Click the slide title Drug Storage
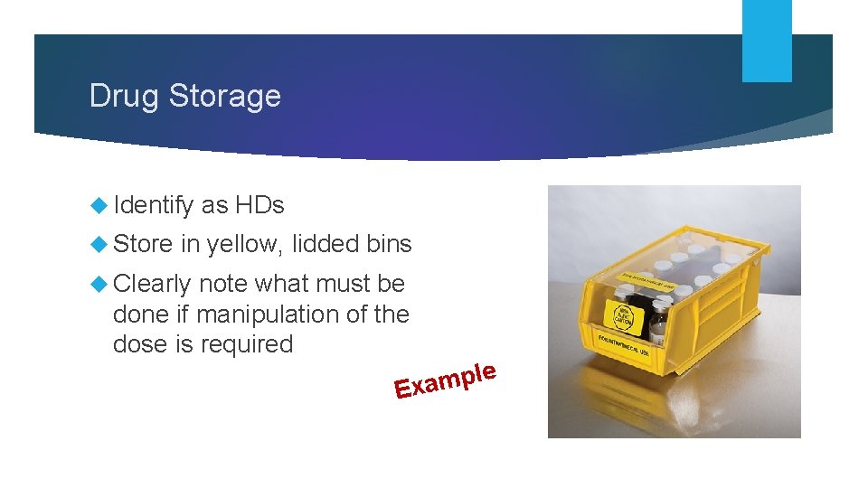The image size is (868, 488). (185, 96)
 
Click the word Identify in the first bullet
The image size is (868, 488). (153, 205)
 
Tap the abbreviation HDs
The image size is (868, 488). (259, 205)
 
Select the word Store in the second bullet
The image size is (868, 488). (144, 244)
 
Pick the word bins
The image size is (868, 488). (390, 244)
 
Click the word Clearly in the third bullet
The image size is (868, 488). (152, 284)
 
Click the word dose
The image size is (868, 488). (139, 344)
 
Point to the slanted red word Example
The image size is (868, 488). (445, 380)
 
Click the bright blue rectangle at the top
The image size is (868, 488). (767, 40)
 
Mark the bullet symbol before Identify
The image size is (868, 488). (99, 206)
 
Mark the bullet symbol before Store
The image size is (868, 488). (99, 245)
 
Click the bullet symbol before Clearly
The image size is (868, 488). (99, 285)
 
